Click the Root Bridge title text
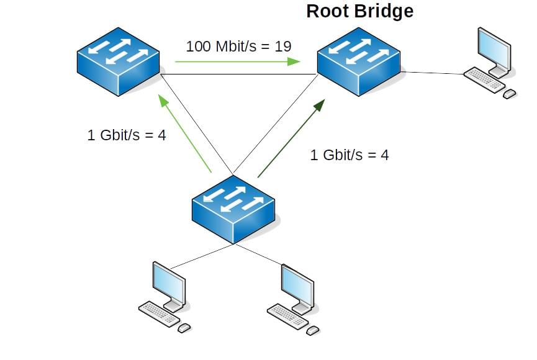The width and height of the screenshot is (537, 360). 359,11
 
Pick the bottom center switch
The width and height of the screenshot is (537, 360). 233,208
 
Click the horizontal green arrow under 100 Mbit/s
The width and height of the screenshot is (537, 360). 237,61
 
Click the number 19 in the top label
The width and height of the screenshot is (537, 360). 283,46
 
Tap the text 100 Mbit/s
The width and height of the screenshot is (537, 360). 221,46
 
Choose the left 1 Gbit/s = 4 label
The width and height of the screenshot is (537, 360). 127,135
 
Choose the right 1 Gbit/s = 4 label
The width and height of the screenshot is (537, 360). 350,155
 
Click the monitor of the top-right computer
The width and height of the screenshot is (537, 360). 495,49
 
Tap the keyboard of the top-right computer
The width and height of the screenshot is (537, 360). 484,79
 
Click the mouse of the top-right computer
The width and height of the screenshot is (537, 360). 509,94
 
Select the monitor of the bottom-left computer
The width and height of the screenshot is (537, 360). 169,282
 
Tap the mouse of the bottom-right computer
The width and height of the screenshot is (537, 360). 312,330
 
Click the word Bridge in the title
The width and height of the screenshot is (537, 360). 385,11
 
